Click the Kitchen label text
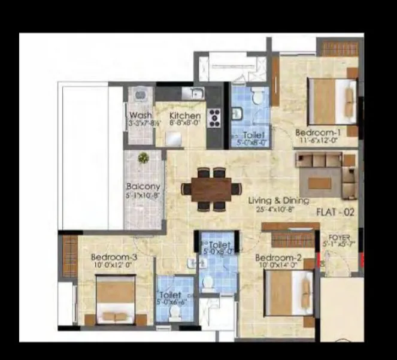pyautogui.click(x=185, y=116)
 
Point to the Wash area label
pyautogui.click(x=140, y=116)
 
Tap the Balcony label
pyautogui.click(x=143, y=186)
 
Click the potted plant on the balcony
pyautogui.click(x=143, y=158)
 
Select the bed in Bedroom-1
pyautogui.click(x=332, y=100)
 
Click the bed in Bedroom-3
pyautogui.click(x=116, y=300)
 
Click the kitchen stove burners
pyautogui.click(x=214, y=117)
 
